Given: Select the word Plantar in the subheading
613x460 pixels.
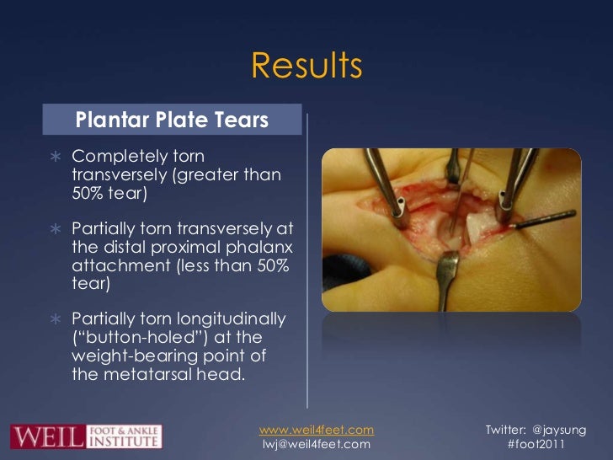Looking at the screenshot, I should (109, 120).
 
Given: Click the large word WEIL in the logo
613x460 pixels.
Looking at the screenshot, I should (46, 436).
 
